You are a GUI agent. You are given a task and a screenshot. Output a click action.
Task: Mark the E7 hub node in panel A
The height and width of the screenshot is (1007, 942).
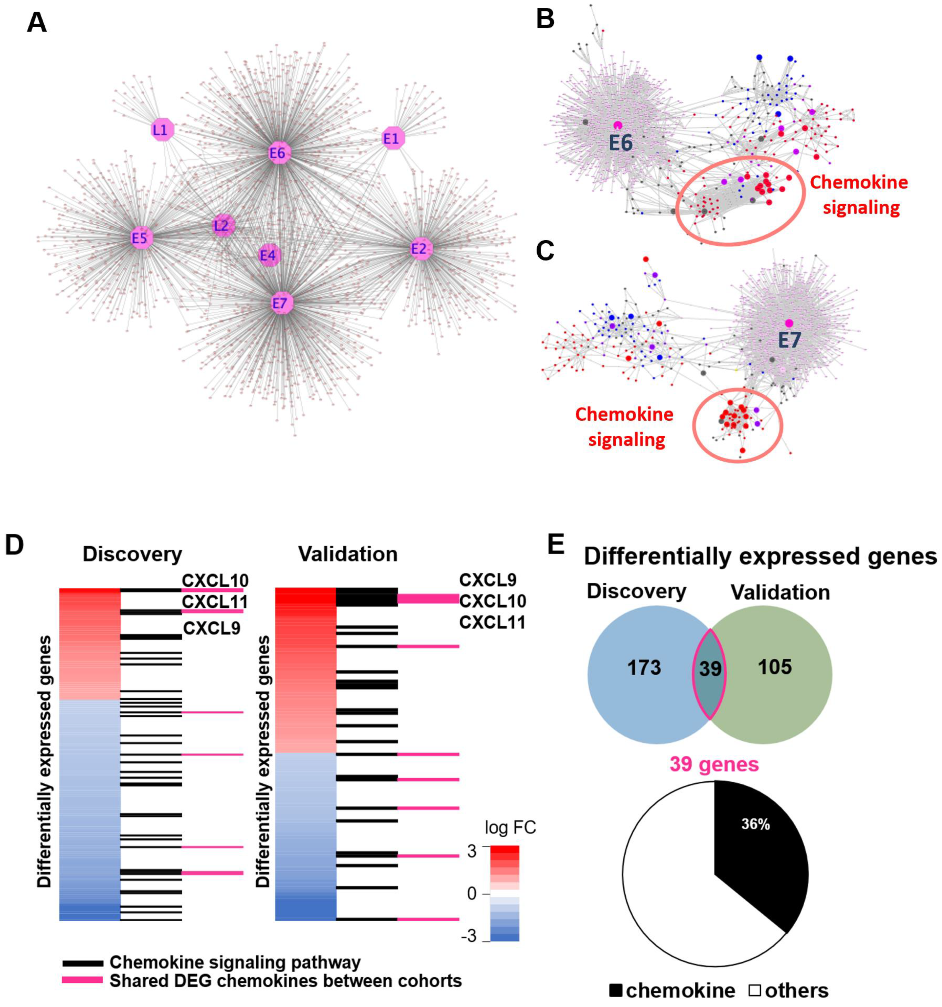pos(281,303)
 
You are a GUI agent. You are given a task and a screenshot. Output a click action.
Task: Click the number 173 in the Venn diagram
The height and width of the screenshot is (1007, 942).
pos(644,668)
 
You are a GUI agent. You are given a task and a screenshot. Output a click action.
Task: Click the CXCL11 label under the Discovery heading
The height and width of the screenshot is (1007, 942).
pos(215,602)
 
